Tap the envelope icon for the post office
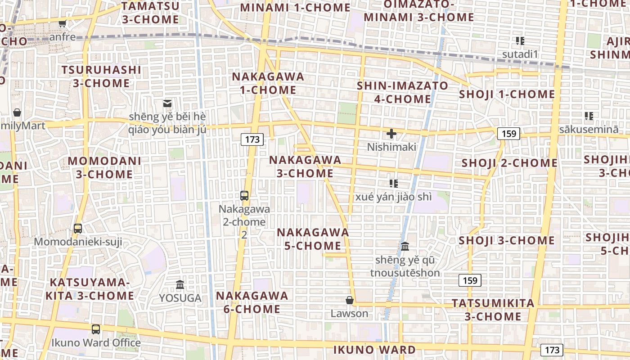click(x=167, y=103)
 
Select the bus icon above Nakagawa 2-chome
click(x=244, y=196)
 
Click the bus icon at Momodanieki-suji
click(x=78, y=228)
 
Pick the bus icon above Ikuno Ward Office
click(x=96, y=329)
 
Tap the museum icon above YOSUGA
click(x=180, y=284)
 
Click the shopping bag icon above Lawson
click(x=350, y=300)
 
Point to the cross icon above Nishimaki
click(x=391, y=134)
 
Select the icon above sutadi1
click(x=520, y=41)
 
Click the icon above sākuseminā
click(x=589, y=116)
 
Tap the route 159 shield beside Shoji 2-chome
click(x=508, y=133)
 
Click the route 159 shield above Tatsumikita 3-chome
click(x=470, y=280)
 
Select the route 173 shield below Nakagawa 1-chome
click(x=252, y=139)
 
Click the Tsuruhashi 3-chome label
click(x=101, y=76)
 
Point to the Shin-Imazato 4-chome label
click(x=403, y=92)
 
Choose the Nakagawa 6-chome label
click(x=252, y=302)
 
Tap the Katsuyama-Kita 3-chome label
click(x=90, y=289)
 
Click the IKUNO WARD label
click(x=374, y=350)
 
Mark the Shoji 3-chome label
click(x=507, y=241)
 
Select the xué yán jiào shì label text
click(x=393, y=197)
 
